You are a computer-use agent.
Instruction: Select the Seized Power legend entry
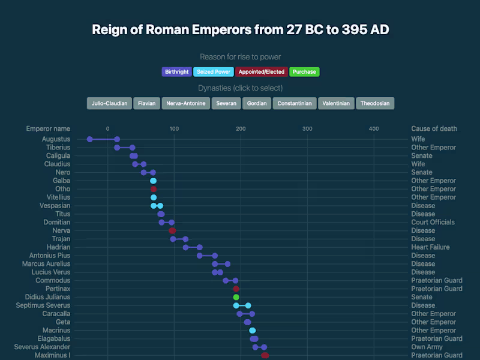click(x=214, y=72)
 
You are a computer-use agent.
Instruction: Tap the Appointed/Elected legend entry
click(x=261, y=72)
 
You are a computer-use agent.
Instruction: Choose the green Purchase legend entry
click(x=304, y=72)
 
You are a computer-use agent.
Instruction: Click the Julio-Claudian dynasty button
click(x=109, y=103)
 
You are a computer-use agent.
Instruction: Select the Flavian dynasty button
click(x=146, y=103)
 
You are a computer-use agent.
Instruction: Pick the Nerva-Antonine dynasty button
click(x=186, y=103)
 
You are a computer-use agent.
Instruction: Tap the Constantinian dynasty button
click(x=295, y=103)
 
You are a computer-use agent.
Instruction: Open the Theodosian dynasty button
click(x=375, y=103)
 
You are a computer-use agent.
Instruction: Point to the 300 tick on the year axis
click(x=307, y=128)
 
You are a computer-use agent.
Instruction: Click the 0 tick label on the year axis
click(x=108, y=128)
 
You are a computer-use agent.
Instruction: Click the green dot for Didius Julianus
click(x=236, y=297)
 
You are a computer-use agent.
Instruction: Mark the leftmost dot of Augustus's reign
click(x=89, y=139)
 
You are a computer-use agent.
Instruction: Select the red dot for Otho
click(x=154, y=189)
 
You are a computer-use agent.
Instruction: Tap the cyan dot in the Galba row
click(x=154, y=181)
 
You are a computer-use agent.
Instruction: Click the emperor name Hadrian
click(x=59, y=247)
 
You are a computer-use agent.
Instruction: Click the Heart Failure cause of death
click(x=430, y=247)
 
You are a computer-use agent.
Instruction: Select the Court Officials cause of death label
click(x=433, y=222)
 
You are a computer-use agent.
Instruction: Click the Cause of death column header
click(x=434, y=128)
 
